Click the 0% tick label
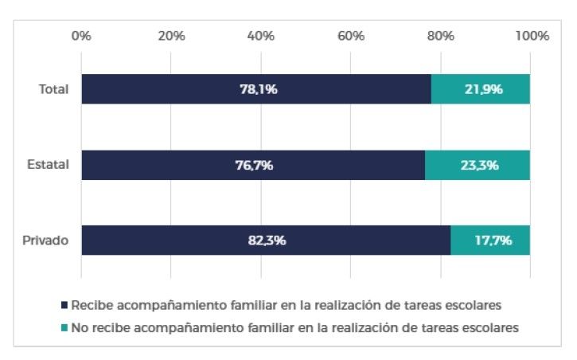[x=80, y=36]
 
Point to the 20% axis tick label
[x=170, y=36]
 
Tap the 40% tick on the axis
[x=261, y=36]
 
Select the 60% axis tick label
[x=351, y=36]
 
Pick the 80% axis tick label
[x=441, y=36]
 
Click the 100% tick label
[x=532, y=36]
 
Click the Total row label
[x=54, y=89]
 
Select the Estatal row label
[x=49, y=165]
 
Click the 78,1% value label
[x=258, y=89]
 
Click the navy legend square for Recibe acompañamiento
[x=64, y=305]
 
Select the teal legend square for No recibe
[x=64, y=327]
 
